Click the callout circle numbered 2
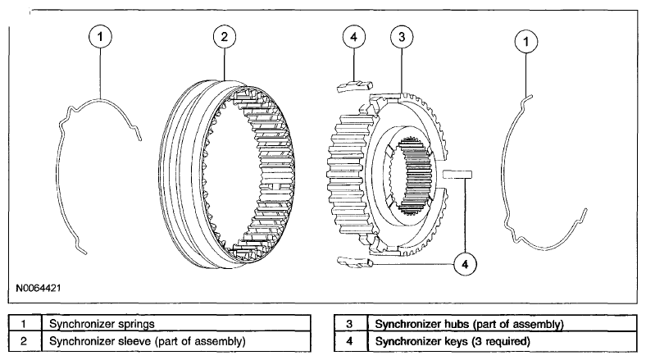pyautogui.click(x=224, y=37)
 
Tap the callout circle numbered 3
pyautogui.click(x=402, y=37)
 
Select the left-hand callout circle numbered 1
pyautogui.click(x=100, y=37)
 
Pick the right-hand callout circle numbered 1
pyautogui.click(x=526, y=41)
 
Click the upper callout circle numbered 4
pyautogui.click(x=354, y=37)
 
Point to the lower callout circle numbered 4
pyautogui.click(x=465, y=264)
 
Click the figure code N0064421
pyautogui.click(x=39, y=288)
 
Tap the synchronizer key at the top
pyautogui.click(x=355, y=85)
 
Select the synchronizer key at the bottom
pyautogui.click(x=355, y=262)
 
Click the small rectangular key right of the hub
pyautogui.click(x=457, y=174)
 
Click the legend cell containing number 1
pyautogui.click(x=25, y=323)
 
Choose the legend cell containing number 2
pyautogui.click(x=25, y=341)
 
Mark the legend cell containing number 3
pyautogui.click(x=351, y=323)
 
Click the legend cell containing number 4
pyautogui.click(x=351, y=341)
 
